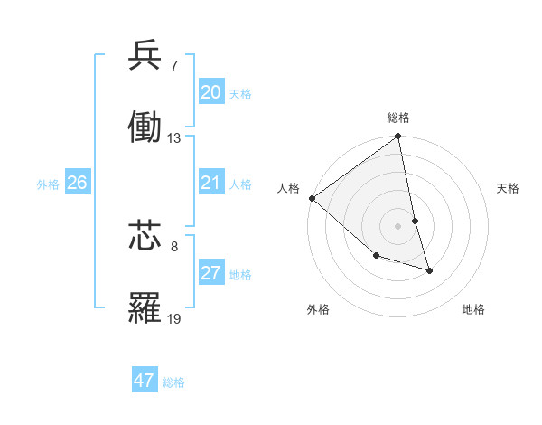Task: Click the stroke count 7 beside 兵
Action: point(173,65)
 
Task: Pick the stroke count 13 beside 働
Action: point(173,138)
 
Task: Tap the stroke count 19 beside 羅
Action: point(173,318)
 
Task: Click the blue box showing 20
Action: point(210,92)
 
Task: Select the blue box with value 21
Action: point(210,183)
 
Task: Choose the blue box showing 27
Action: point(210,273)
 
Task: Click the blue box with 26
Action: point(77,183)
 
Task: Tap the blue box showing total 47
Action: point(145,381)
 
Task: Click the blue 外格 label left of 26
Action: point(48,184)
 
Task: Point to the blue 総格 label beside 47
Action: point(173,382)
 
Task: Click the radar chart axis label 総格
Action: point(398,118)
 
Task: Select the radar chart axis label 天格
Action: point(508,188)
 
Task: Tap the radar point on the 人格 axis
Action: point(312,198)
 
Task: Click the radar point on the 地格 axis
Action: point(429,270)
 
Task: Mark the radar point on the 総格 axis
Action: point(398,137)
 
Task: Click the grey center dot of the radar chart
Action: point(398,226)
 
